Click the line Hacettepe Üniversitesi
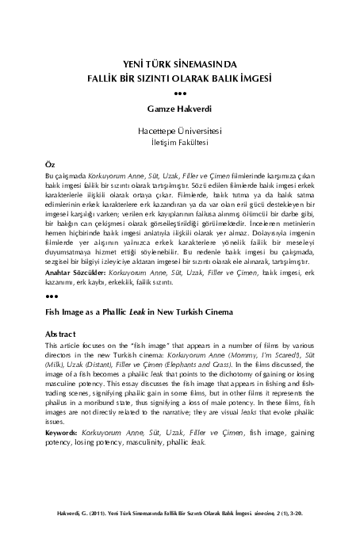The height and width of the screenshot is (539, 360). point(180,129)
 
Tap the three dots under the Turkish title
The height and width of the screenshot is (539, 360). point(180,94)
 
